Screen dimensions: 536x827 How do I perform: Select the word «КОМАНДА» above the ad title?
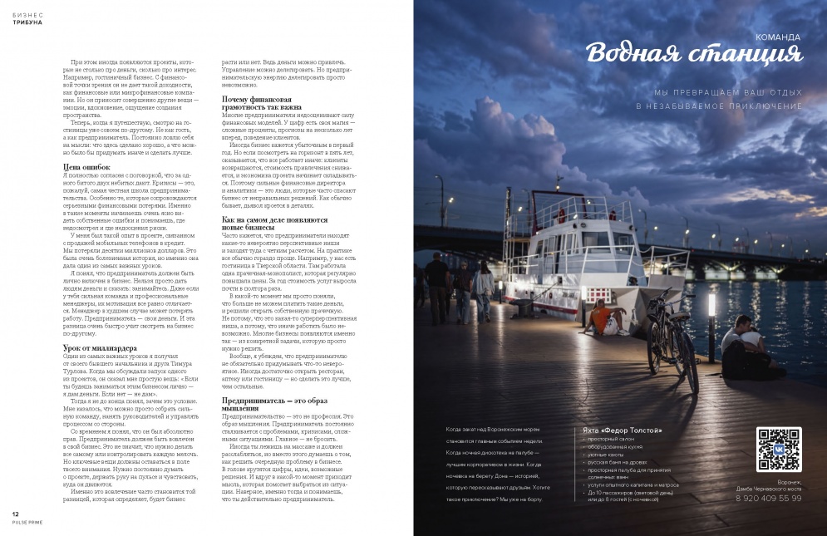[x=777, y=37]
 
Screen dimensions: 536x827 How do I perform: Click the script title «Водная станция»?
[x=695, y=55]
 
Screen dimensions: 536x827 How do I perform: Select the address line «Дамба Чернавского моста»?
[x=770, y=488]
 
